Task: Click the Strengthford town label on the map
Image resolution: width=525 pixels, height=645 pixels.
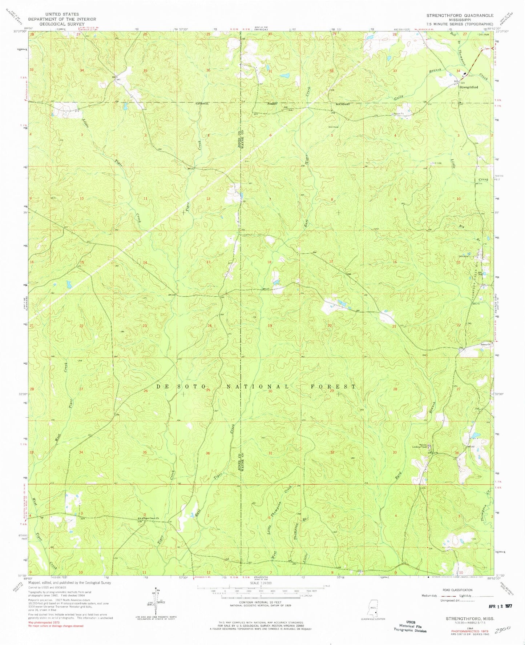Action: [x=469, y=87]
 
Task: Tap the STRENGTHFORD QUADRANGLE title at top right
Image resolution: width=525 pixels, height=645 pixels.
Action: [x=460, y=15]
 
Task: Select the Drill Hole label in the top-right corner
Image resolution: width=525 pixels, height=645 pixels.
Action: [x=484, y=35]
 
